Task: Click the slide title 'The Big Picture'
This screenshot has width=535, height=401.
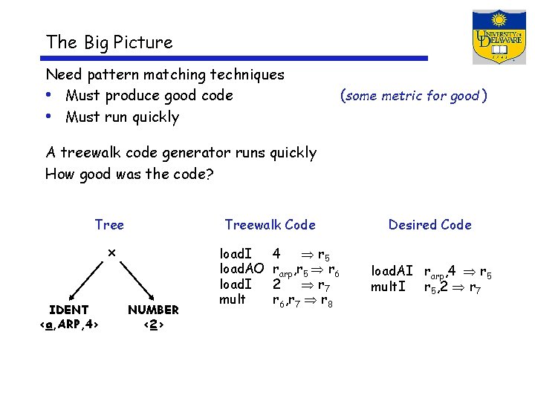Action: click(108, 42)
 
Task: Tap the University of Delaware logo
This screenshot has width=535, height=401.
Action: click(499, 37)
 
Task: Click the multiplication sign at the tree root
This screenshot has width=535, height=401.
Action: click(111, 252)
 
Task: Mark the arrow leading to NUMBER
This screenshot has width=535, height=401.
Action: click(137, 279)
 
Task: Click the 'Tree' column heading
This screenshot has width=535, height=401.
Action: click(109, 225)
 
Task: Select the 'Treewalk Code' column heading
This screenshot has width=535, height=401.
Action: click(270, 225)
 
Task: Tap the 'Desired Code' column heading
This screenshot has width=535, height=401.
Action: click(429, 225)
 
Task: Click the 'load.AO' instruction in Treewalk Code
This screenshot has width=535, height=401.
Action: click(241, 269)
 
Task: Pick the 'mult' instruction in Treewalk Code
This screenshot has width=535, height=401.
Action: click(232, 300)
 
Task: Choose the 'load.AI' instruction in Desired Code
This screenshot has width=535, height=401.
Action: click(392, 272)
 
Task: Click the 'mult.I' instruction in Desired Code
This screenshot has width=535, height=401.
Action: click(388, 287)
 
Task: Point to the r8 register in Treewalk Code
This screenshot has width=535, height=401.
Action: click(327, 301)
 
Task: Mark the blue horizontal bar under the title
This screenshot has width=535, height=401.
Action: click(237, 58)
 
